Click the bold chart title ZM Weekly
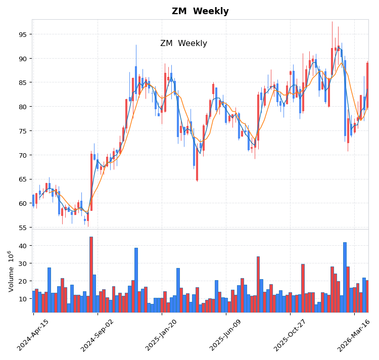[x=200, y=12]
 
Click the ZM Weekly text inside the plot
[x=183, y=43]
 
